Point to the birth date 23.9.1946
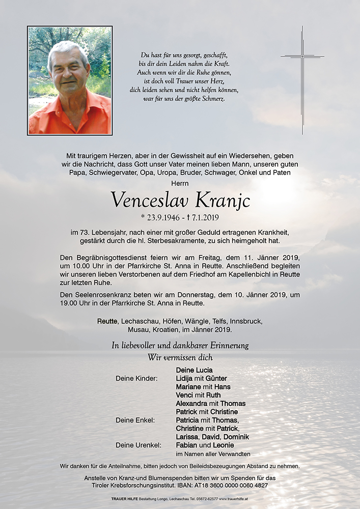coord(162,217)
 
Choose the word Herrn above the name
coord(180,183)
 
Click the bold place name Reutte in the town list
coord(107,322)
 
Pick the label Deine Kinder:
coord(137,378)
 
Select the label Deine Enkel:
coord(135,420)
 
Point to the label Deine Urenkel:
coord(138,445)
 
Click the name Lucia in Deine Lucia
coord(203,370)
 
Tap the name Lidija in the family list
coord(186,378)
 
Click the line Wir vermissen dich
coord(180,357)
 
